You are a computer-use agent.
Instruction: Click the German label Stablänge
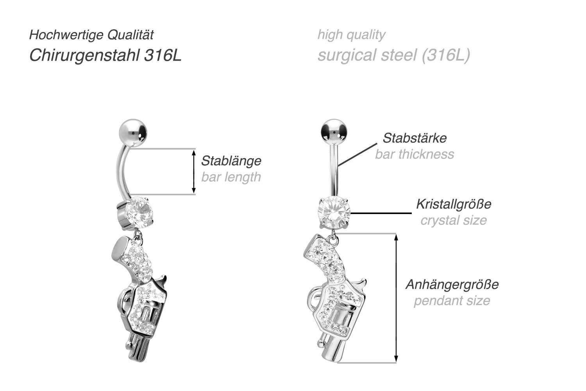[x=231, y=161]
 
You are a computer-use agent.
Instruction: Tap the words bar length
[x=231, y=177]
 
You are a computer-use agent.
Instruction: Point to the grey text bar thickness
[x=414, y=154]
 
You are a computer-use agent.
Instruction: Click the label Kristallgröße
[x=453, y=204]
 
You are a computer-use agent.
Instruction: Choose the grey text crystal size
[x=453, y=220]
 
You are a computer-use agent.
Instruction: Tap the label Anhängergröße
[x=452, y=284]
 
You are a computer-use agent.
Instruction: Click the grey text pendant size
[x=452, y=301]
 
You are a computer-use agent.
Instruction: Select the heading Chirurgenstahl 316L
[x=105, y=55]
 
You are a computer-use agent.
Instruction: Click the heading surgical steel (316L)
[x=393, y=55]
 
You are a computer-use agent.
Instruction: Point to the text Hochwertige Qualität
[x=91, y=35]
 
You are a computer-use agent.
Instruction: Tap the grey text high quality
[x=351, y=35]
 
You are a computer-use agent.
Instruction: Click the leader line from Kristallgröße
[x=381, y=213]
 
